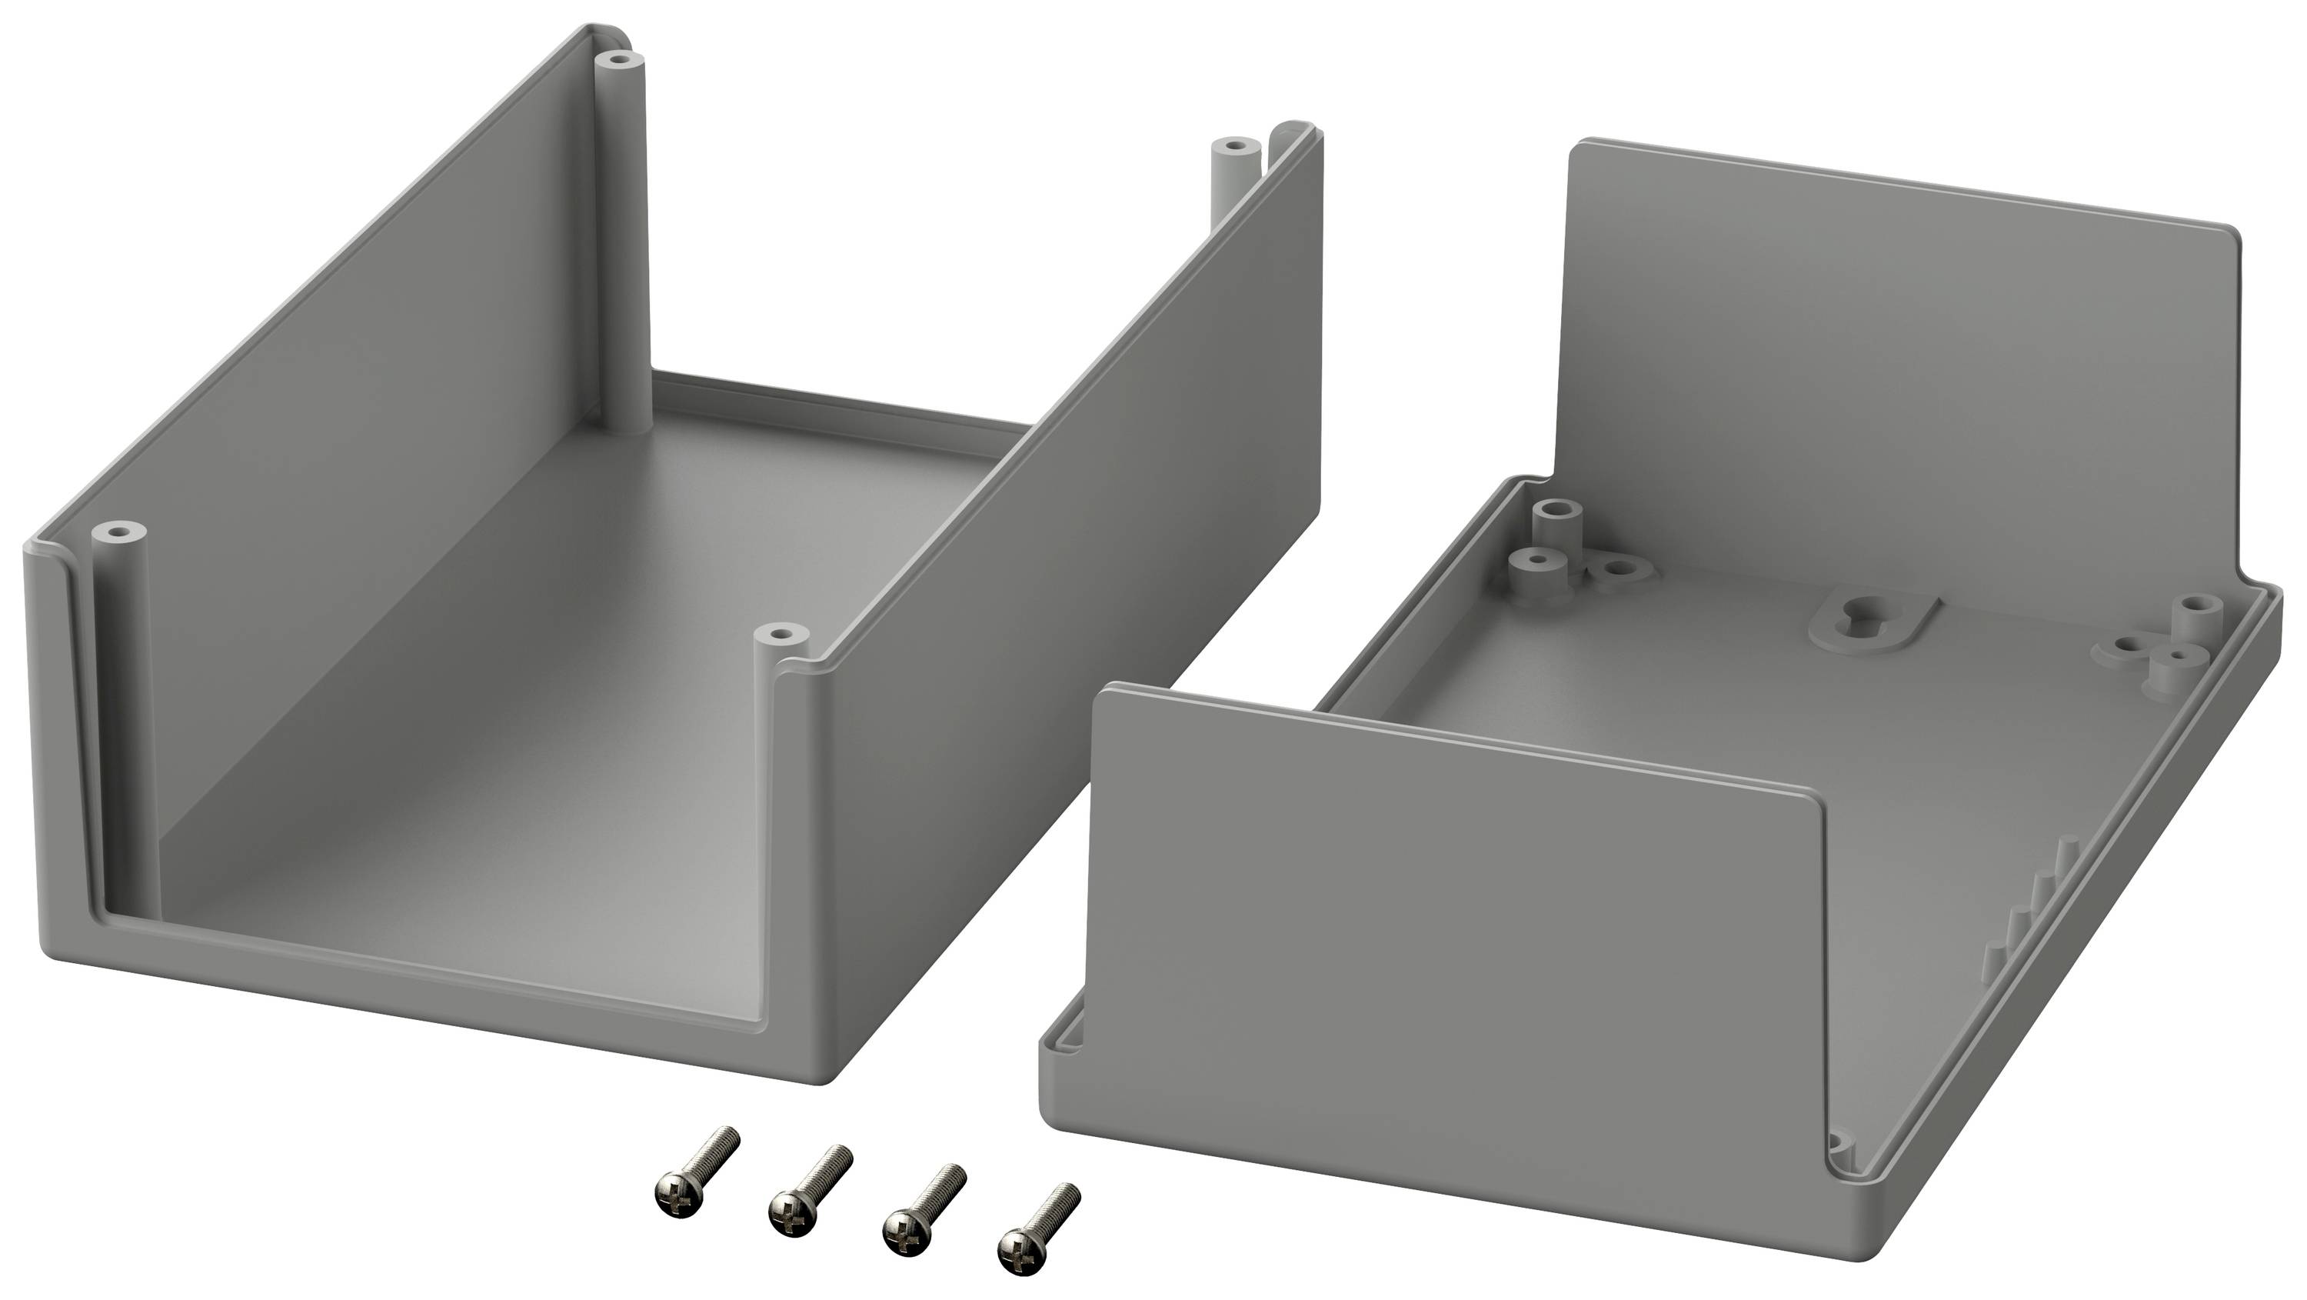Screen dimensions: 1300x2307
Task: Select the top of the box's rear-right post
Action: point(1234,145)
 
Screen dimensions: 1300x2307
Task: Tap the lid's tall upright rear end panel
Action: point(1899,358)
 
